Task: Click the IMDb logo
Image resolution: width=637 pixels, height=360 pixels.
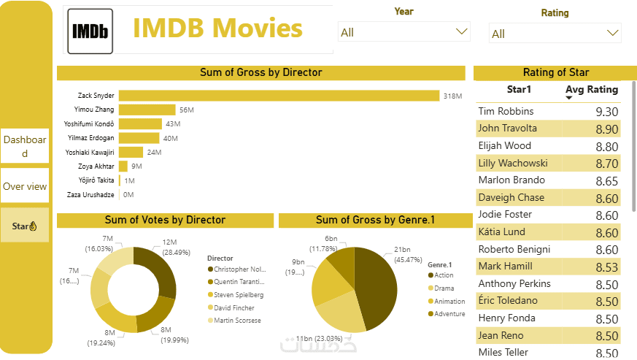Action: pyautogui.click(x=90, y=31)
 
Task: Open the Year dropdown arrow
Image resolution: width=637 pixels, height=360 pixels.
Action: pyautogui.click(x=461, y=31)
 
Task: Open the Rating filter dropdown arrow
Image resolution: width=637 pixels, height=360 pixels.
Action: pyautogui.click(x=613, y=33)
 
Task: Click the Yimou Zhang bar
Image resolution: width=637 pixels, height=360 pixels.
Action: pyautogui.click(x=147, y=110)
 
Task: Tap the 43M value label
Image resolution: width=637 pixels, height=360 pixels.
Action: pyautogui.click(x=173, y=123)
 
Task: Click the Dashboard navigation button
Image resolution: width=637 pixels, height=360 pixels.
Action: pyautogui.click(x=25, y=146)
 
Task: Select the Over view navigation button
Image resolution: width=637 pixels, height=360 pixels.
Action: pyautogui.click(x=25, y=186)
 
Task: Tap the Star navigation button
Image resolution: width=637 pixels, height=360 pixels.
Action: pyautogui.click(x=25, y=226)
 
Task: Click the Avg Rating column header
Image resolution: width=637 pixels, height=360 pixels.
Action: pyautogui.click(x=592, y=90)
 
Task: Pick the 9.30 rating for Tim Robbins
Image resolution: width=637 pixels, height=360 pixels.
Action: pyautogui.click(x=606, y=112)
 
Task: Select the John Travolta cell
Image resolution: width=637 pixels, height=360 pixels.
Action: pyautogui.click(x=508, y=129)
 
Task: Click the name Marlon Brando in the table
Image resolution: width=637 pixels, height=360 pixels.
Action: pyautogui.click(x=511, y=180)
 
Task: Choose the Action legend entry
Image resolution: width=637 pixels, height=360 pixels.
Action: pyautogui.click(x=444, y=275)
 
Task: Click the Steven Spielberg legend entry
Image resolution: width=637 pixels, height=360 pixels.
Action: pyautogui.click(x=238, y=295)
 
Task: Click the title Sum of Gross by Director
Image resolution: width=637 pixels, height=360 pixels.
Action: pyautogui.click(x=260, y=73)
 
